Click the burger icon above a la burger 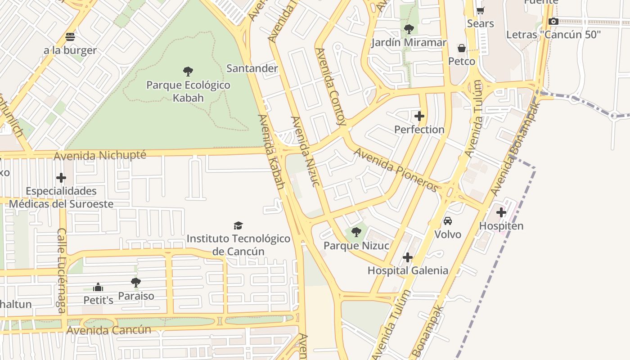(x=70, y=36)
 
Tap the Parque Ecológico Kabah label (x=188, y=91)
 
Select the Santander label (x=252, y=68)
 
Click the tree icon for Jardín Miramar (x=409, y=29)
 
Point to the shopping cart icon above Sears (x=480, y=10)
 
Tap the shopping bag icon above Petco (x=462, y=48)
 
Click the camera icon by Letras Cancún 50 (x=553, y=21)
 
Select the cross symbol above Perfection (x=419, y=116)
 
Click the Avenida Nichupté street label (x=100, y=156)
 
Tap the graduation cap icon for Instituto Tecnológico (x=238, y=225)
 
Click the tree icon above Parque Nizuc (x=356, y=232)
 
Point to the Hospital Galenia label (x=408, y=270)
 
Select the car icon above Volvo (x=447, y=221)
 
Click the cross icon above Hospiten (x=501, y=212)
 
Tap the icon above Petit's (x=98, y=287)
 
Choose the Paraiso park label (x=136, y=296)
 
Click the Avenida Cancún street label (x=108, y=330)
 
